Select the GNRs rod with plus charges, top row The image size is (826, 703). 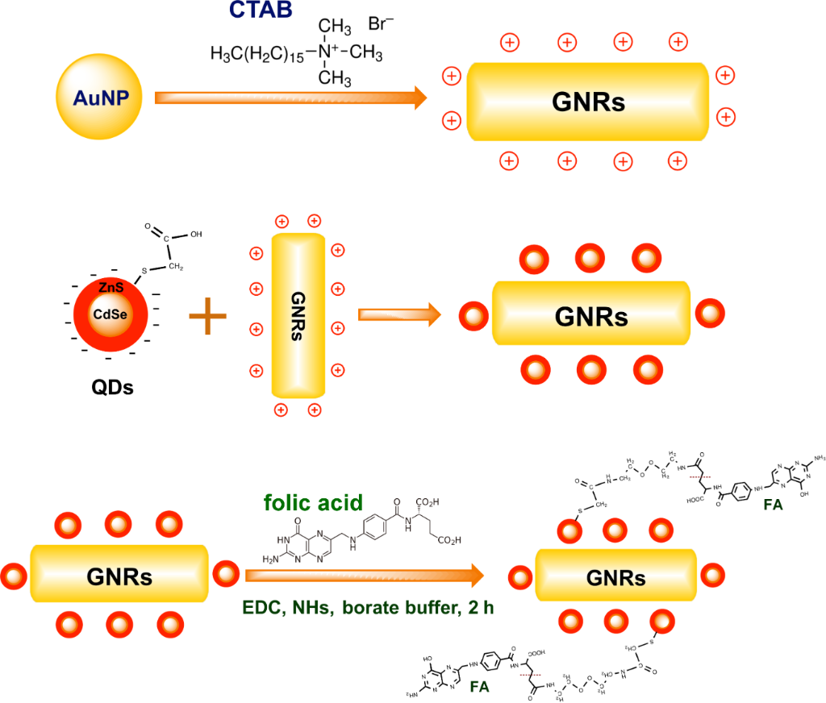(x=589, y=101)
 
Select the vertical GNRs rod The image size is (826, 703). (x=298, y=317)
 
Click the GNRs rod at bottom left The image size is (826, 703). (x=120, y=574)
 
